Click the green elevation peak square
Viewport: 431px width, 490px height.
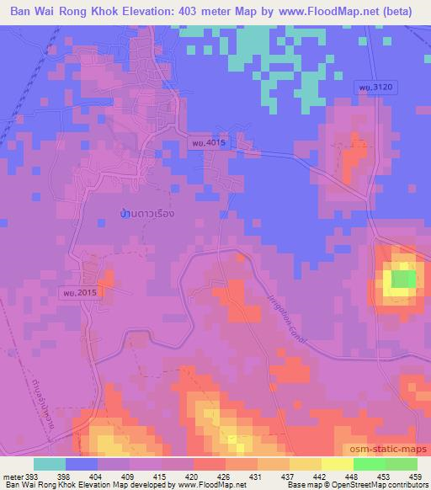click(x=403, y=279)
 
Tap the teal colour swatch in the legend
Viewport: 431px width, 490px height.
click(x=50, y=464)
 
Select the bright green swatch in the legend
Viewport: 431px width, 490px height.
click(x=370, y=464)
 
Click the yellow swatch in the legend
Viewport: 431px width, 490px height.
click(x=306, y=464)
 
